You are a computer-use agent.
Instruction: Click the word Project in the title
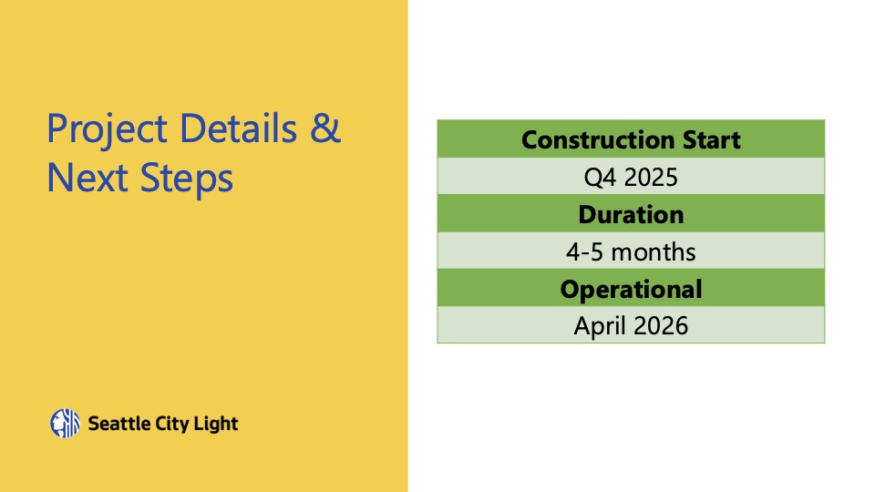tap(108, 130)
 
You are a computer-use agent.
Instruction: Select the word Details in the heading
tap(238, 128)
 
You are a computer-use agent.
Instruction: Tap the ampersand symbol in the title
tap(324, 128)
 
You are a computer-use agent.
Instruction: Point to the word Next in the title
tap(87, 178)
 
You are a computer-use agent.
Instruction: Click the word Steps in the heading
tap(186, 179)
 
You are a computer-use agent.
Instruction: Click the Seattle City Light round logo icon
tap(66, 424)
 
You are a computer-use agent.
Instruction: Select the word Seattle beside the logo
tap(118, 424)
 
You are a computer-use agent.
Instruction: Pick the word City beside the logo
tap(172, 425)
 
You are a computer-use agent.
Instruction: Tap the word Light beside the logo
tap(215, 425)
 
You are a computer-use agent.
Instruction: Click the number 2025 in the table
tap(651, 178)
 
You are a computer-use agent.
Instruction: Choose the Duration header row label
tap(631, 214)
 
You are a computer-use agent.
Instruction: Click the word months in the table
tap(654, 252)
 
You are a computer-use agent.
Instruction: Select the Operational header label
tap(631, 290)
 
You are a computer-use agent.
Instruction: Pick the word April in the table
tap(600, 326)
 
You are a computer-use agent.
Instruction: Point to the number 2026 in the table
tap(661, 326)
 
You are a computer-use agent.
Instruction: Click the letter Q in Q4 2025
tap(592, 178)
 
